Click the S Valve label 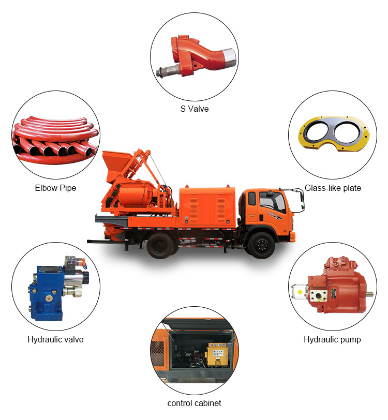coord(195,109)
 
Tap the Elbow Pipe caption coord(55,188)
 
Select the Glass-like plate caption coord(333,188)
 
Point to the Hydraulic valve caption coord(55,340)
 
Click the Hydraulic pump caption coord(332,340)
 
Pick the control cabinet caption coord(195,403)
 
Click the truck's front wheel coord(261,246)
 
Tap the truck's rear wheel coord(160,246)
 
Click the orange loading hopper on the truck coord(116,164)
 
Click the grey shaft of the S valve coord(168,71)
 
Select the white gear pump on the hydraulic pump coord(300,291)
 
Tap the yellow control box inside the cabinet coord(218,354)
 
